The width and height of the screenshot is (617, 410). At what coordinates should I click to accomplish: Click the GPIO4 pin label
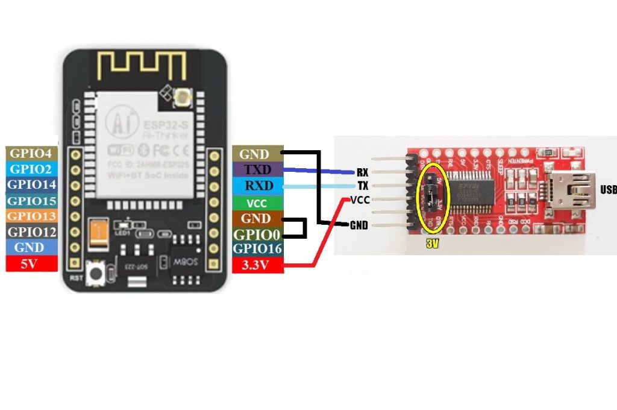pos(31,153)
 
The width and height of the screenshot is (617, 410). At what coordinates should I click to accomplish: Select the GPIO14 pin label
pos(31,184)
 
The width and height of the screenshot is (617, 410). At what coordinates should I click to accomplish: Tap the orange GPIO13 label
pos(31,216)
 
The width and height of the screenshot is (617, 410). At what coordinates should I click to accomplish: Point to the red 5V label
pos(31,263)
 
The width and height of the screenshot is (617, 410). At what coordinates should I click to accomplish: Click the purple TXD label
pos(256,169)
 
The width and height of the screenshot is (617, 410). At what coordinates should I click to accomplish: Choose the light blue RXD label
pos(256,186)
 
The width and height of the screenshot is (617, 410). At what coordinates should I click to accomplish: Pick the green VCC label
pos(256,203)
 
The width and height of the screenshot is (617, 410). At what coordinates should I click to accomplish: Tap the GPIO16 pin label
pos(256,248)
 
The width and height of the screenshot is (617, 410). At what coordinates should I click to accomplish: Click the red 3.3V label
pos(256,263)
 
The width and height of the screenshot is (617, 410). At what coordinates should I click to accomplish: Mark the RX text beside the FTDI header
pos(362,172)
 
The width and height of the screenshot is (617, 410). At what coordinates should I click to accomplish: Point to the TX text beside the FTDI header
pos(363,186)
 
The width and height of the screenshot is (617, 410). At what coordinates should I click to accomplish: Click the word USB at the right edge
pos(607,190)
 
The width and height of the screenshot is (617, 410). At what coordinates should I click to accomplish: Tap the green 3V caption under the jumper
pos(432,245)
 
